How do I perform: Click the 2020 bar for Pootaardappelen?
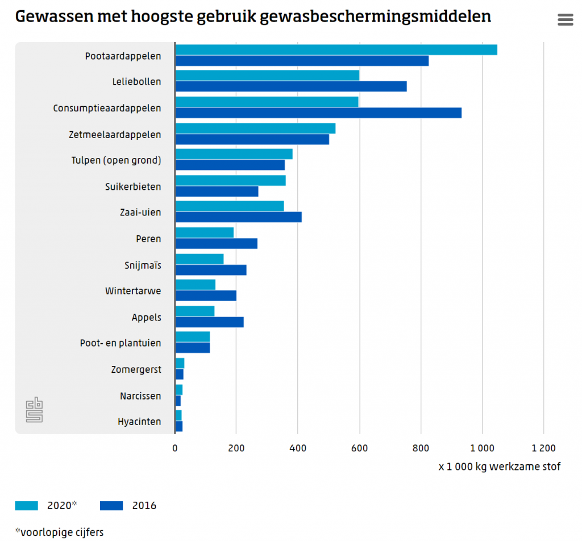tap(336, 49)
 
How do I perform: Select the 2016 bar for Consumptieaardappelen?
tap(318, 113)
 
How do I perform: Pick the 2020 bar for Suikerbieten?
tap(230, 180)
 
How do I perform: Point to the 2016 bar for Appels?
tap(209, 322)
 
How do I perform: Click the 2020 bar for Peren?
tap(205, 232)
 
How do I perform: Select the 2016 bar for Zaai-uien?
tap(238, 217)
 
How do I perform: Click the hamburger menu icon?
tap(566, 20)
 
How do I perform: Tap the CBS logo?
tap(34, 410)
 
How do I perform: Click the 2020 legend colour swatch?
tap(27, 506)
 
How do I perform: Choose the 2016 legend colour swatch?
tap(111, 506)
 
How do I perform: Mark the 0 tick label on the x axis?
tap(175, 448)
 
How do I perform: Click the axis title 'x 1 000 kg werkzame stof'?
tap(499, 467)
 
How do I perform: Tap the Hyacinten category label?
tap(139, 422)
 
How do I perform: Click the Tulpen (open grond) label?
tap(116, 160)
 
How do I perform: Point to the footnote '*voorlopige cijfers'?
tap(60, 532)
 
